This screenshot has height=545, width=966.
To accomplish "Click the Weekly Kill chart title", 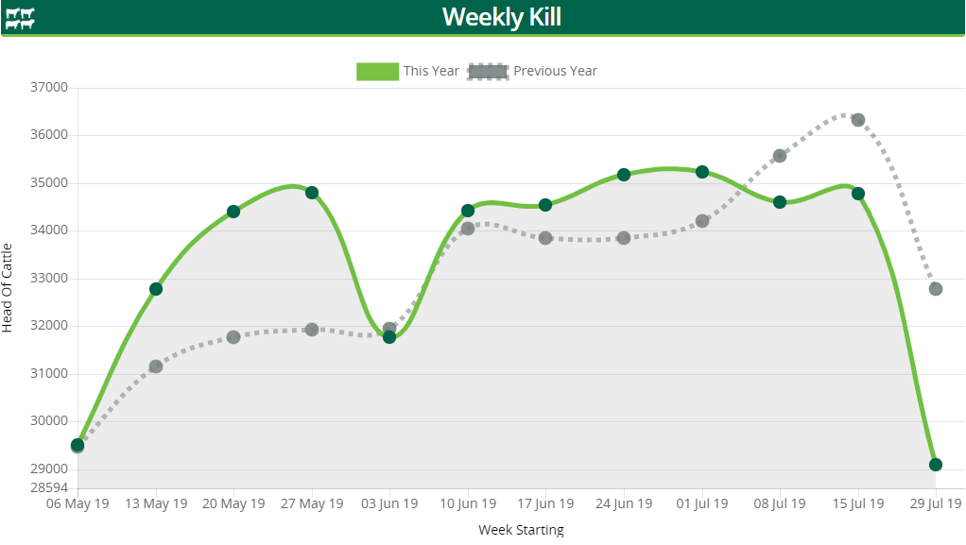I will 502,17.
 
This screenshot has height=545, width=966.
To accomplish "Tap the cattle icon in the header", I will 20,18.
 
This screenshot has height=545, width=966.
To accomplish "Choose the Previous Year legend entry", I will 534,71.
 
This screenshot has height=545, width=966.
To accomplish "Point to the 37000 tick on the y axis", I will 50,88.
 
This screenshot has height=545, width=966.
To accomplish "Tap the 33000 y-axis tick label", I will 50,279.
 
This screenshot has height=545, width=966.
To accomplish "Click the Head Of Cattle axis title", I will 9,287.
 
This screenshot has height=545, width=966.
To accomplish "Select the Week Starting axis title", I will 521,530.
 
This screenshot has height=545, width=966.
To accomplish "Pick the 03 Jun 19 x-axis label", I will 389,503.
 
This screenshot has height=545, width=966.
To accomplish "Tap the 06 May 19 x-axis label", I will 78,503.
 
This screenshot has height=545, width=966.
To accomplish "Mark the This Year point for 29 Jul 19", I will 936,465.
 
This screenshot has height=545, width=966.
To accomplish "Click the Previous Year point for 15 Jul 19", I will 858,120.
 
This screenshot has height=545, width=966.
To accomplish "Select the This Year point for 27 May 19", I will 312,193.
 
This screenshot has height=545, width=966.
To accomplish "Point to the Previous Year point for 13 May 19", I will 156,366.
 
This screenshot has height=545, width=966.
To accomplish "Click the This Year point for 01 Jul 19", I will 702,172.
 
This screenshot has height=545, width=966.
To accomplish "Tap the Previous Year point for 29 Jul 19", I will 936,289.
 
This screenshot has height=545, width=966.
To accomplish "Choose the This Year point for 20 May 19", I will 233,212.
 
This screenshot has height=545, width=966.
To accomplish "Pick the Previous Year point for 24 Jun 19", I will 624,238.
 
